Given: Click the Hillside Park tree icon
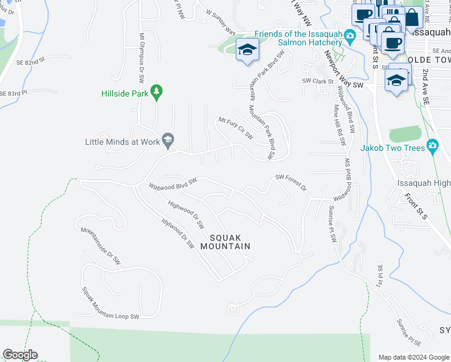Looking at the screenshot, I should click(x=157, y=92).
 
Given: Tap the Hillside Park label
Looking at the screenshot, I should click(x=124, y=93).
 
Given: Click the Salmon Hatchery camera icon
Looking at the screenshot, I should click(x=349, y=38).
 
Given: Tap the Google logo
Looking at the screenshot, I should click(x=20, y=355).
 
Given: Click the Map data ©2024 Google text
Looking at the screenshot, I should click(x=413, y=357).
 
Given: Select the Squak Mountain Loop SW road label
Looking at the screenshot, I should click(x=110, y=303).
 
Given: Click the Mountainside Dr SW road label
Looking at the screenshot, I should click(x=101, y=247).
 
